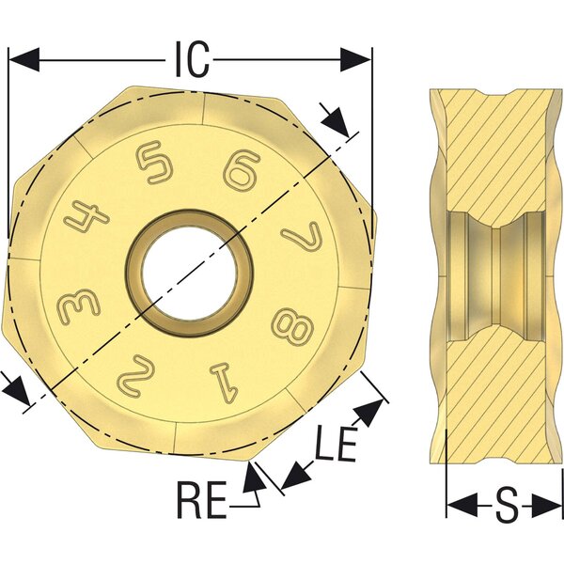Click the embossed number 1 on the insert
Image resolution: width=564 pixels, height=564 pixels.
(226, 383)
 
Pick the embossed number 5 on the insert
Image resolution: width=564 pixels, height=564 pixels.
(154, 163)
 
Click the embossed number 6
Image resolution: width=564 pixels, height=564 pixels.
(242, 170)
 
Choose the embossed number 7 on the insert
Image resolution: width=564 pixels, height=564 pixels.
(302, 236)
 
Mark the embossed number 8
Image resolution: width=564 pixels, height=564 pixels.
(292, 324)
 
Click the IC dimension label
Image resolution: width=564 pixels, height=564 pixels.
(192, 60)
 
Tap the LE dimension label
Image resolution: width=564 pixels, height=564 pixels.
(336, 444)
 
